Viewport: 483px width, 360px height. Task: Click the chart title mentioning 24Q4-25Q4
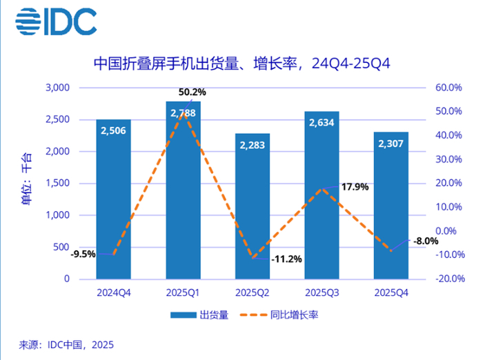tap(241, 64)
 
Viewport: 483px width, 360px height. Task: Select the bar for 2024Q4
tap(114, 200)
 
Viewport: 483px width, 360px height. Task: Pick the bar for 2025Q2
tap(253, 207)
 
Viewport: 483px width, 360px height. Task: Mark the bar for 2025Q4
tap(391, 207)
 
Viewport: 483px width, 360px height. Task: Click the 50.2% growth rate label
tap(193, 92)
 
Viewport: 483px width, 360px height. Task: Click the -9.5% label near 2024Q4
tap(83, 254)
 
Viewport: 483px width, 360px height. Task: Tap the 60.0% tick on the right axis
tap(447, 88)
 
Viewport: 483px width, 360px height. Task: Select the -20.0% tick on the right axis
tap(447, 279)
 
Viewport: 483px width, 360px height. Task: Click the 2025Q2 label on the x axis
tap(253, 292)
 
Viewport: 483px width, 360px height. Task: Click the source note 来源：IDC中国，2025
tap(66, 345)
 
